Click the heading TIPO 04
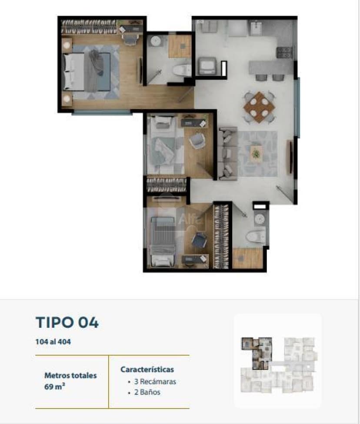(67, 322)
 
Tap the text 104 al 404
(53, 341)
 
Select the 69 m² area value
(55, 387)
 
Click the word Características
(147, 369)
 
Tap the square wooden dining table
(259, 107)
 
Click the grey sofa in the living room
(227, 153)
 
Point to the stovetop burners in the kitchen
(284, 53)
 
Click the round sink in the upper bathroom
(156, 41)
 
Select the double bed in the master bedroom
(87, 72)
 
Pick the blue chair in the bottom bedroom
(199, 240)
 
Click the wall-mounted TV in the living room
(291, 157)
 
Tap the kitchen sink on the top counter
(255, 28)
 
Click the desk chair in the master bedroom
(130, 39)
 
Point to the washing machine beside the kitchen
(207, 66)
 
